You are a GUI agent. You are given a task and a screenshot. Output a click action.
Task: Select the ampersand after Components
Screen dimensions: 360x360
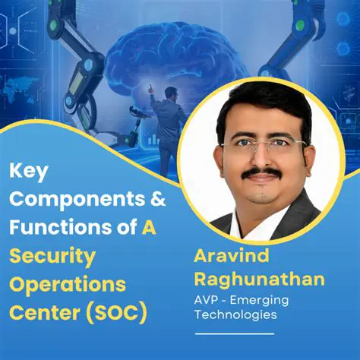pyautogui.click(x=154, y=201)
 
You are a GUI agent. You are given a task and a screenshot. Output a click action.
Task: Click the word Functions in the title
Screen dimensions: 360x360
pyautogui.click(x=54, y=228)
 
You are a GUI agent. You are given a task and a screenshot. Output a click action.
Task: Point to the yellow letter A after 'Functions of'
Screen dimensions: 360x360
pyautogui.click(x=150, y=228)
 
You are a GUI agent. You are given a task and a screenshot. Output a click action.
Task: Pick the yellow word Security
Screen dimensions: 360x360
pyautogui.click(x=52, y=256)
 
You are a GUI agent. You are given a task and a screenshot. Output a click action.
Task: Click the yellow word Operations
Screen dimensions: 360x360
pyautogui.click(x=67, y=283)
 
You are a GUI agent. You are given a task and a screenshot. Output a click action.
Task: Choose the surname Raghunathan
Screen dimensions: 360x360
pyautogui.click(x=259, y=279)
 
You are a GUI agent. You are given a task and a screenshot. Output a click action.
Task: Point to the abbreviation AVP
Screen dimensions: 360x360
pyautogui.click(x=210, y=299)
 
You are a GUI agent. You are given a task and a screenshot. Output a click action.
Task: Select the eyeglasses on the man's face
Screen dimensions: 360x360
pyautogui.click(x=262, y=144)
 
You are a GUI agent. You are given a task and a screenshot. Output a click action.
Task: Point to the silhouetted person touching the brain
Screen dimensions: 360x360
pyautogui.click(x=166, y=122)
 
